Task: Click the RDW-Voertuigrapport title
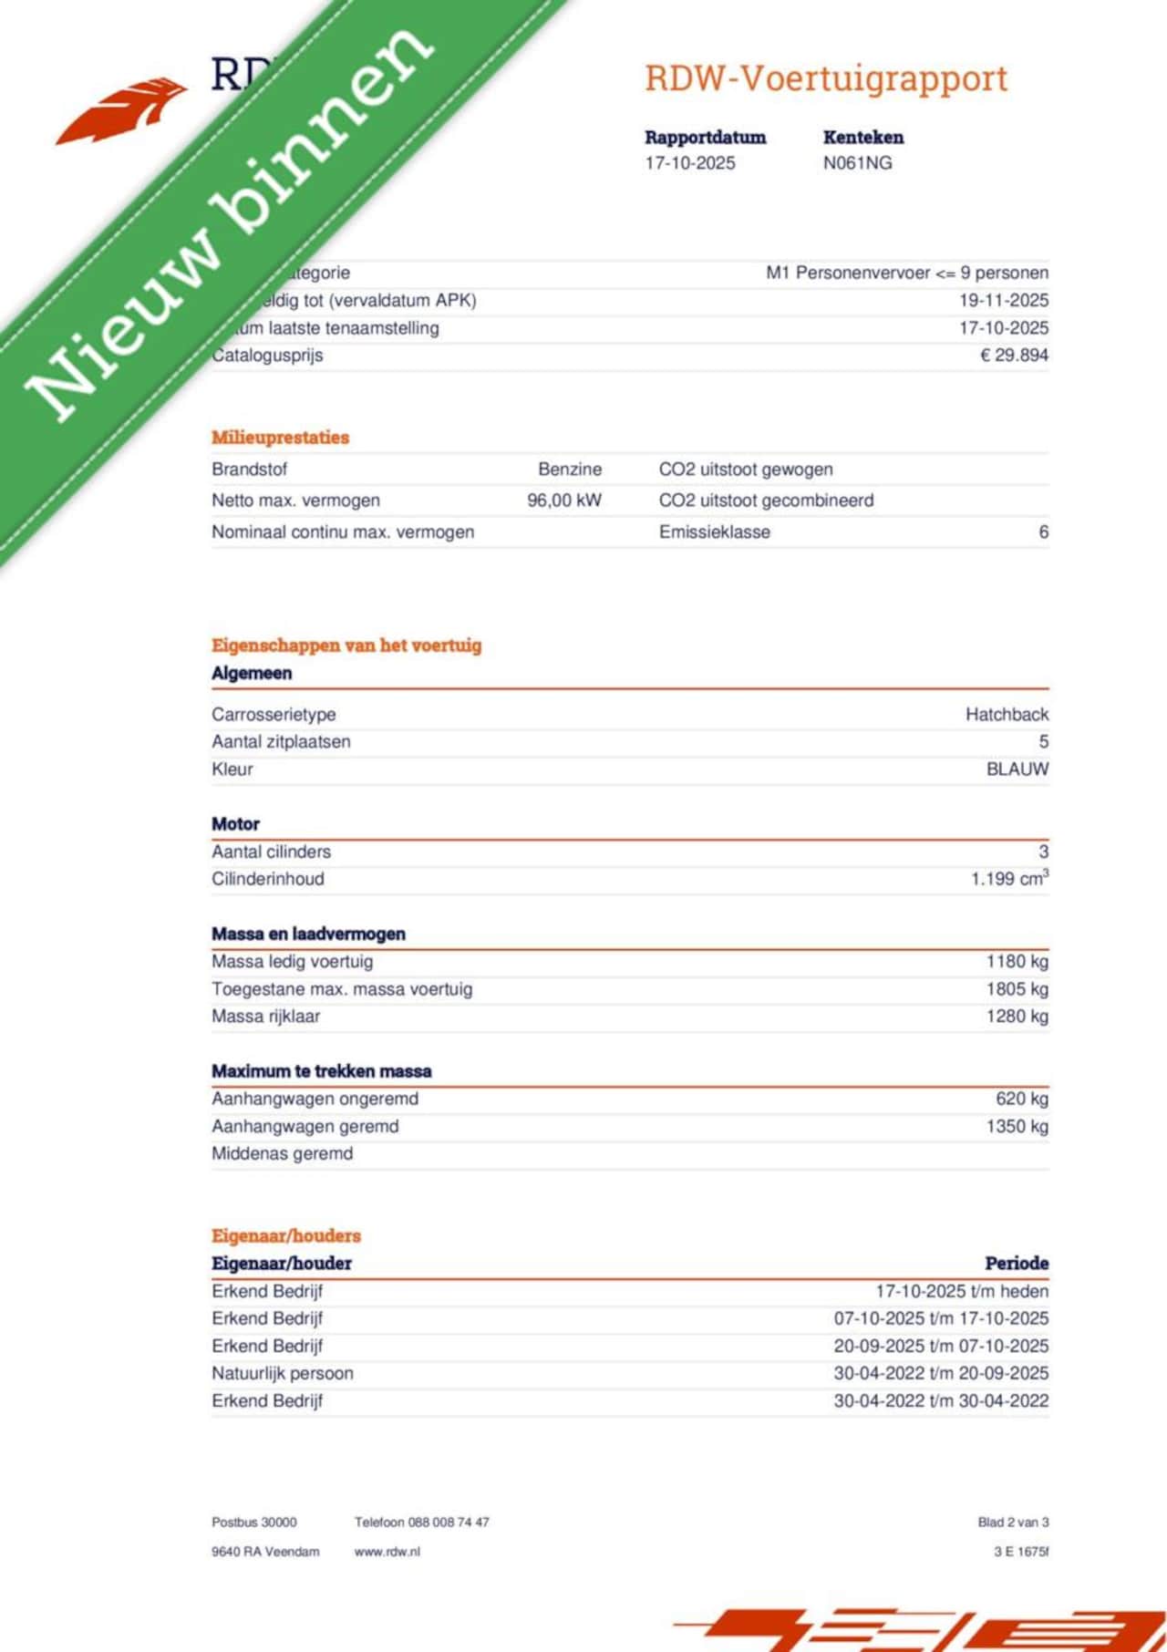coord(826,78)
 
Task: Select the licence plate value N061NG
coord(857,163)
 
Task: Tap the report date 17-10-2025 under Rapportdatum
coord(689,163)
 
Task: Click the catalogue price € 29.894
coord(1014,355)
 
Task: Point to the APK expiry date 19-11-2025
coord(1003,300)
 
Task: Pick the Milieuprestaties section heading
coord(280,438)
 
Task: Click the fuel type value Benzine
coord(570,470)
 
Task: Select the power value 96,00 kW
coord(564,501)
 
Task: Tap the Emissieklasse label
coord(714,532)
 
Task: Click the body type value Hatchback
coord(1007,714)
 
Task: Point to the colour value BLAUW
coord(1017,769)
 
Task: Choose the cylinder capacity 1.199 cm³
coord(1009,879)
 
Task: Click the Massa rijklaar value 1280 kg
coord(1017,1016)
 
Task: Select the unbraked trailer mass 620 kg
coord(1021,1099)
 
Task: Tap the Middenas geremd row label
coord(282,1153)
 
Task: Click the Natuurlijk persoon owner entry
coord(282,1373)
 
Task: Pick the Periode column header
coord(1016,1263)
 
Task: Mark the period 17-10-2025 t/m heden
coord(961,1291)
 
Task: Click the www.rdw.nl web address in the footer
coord(387,1552)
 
